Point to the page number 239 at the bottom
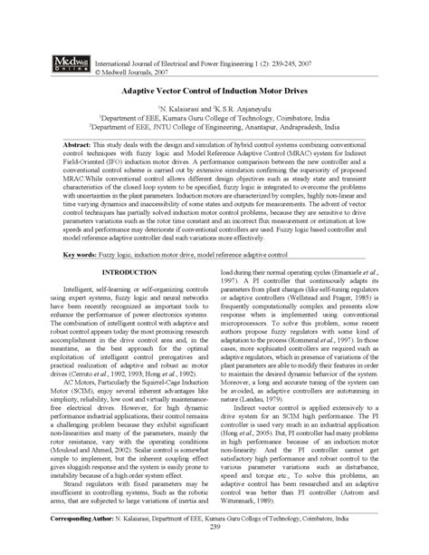click(214, 526)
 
